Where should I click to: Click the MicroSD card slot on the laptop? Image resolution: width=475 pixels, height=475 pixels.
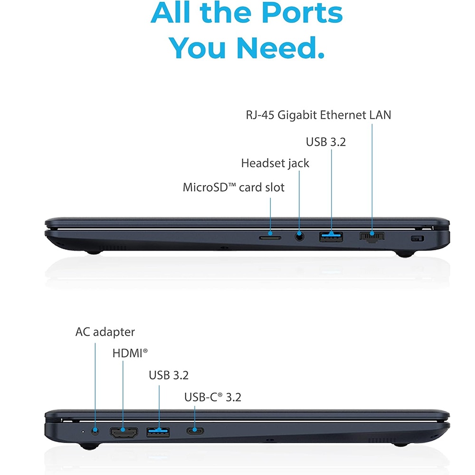tap(270, 238)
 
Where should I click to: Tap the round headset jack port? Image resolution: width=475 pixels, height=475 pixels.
tap(299, 236)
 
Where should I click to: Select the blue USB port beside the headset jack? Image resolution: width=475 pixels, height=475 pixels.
tap(331, 237)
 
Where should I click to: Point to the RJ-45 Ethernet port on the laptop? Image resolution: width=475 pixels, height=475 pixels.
tap(372, 237)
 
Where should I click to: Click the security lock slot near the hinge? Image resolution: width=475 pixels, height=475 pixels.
tap(418, 239)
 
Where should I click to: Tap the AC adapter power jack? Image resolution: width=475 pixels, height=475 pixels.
tap(95, 431)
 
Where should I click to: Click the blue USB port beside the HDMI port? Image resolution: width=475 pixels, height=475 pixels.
tap(158, 432)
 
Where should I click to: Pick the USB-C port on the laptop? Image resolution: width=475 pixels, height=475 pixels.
tap(195, 430)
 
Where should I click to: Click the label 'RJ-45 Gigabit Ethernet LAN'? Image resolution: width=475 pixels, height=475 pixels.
tap(318, 115)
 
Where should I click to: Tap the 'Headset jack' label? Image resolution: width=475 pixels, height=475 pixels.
tap(275, 163)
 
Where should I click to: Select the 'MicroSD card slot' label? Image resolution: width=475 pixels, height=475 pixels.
tap(234, 187)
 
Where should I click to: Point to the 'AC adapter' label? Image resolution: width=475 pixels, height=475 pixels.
tap(105, 332)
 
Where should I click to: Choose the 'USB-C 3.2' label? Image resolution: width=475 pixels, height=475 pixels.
tap(213, 397)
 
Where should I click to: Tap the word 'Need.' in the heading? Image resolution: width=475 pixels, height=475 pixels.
tap(280, 48)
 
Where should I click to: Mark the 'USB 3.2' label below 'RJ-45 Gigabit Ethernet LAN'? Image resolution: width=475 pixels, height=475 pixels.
tap(326, 142)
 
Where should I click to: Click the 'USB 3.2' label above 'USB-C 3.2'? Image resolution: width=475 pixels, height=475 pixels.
tap(169, 375)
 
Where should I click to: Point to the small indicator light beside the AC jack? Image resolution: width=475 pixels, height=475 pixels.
tap(83, 431)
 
